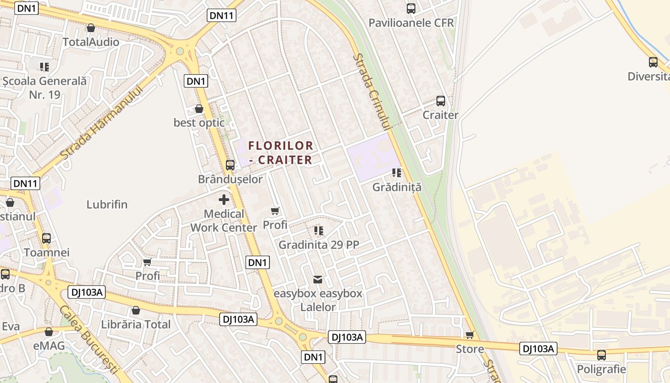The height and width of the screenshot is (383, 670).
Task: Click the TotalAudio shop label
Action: tap(91, 42)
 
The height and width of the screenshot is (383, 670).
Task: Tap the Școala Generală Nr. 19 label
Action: tap(45, 88)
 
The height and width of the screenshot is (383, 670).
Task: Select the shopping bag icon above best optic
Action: tap(199, 109)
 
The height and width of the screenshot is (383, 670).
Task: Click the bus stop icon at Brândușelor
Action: tap(230, 165)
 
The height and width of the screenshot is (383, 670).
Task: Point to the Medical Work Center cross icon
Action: tap(223, 200)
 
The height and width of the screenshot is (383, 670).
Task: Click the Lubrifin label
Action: tap(107, 205)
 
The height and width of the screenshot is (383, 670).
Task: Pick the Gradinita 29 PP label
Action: tap(319, 245)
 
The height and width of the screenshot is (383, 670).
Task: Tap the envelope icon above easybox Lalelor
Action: tap(318, 279)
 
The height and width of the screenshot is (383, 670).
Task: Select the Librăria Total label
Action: tap(136, 325)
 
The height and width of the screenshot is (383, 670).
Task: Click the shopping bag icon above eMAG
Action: tap(49, 332)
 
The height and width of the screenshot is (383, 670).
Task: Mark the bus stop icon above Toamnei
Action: tap(46, 238)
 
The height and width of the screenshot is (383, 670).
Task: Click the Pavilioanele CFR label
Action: tap(411, 23)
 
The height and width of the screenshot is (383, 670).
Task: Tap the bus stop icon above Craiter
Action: tap(441, 101)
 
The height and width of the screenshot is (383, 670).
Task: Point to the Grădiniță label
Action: tap(397, 187)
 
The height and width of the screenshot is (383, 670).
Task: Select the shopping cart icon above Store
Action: tap(469, 335)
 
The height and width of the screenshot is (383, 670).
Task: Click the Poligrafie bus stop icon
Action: tap(602, 355)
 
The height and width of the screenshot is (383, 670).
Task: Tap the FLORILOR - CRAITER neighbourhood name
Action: tap(281, 152)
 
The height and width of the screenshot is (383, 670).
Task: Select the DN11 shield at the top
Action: tap(222, 15)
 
